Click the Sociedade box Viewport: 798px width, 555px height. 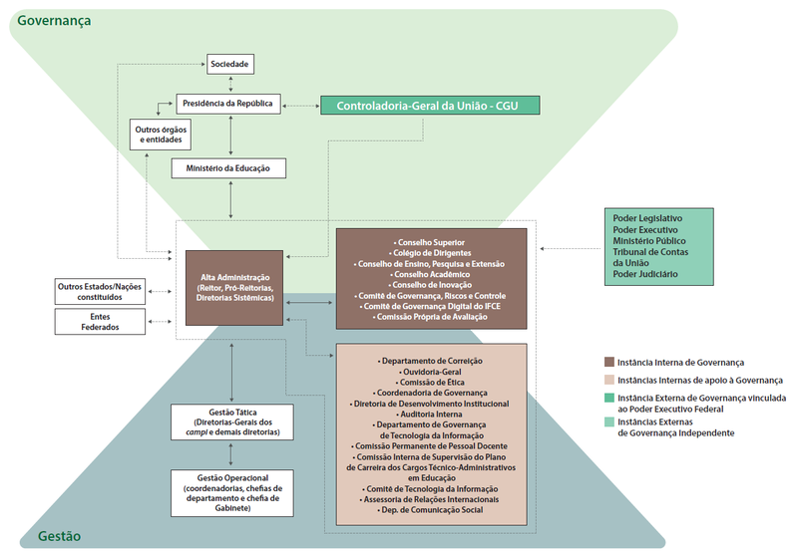tap(230, 65)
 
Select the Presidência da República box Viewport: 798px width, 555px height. tap(230, 102)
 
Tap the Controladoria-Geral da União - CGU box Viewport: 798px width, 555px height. tap(430, 105)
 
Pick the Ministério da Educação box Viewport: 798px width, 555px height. tap(228, 168)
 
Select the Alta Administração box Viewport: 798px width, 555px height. tap(234, 287)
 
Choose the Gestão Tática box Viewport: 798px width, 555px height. tap(230, 421)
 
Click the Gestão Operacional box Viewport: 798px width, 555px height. tap(230, 493)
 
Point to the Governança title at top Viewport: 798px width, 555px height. tap(50, 20)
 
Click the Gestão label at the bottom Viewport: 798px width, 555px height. tap(59, 536)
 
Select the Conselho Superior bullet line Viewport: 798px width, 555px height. tap(430, 243)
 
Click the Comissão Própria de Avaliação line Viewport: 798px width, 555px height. tap(430, 317)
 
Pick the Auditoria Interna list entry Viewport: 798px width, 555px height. tap(430, 415)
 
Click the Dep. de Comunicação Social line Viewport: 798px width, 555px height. tap(430, 509)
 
